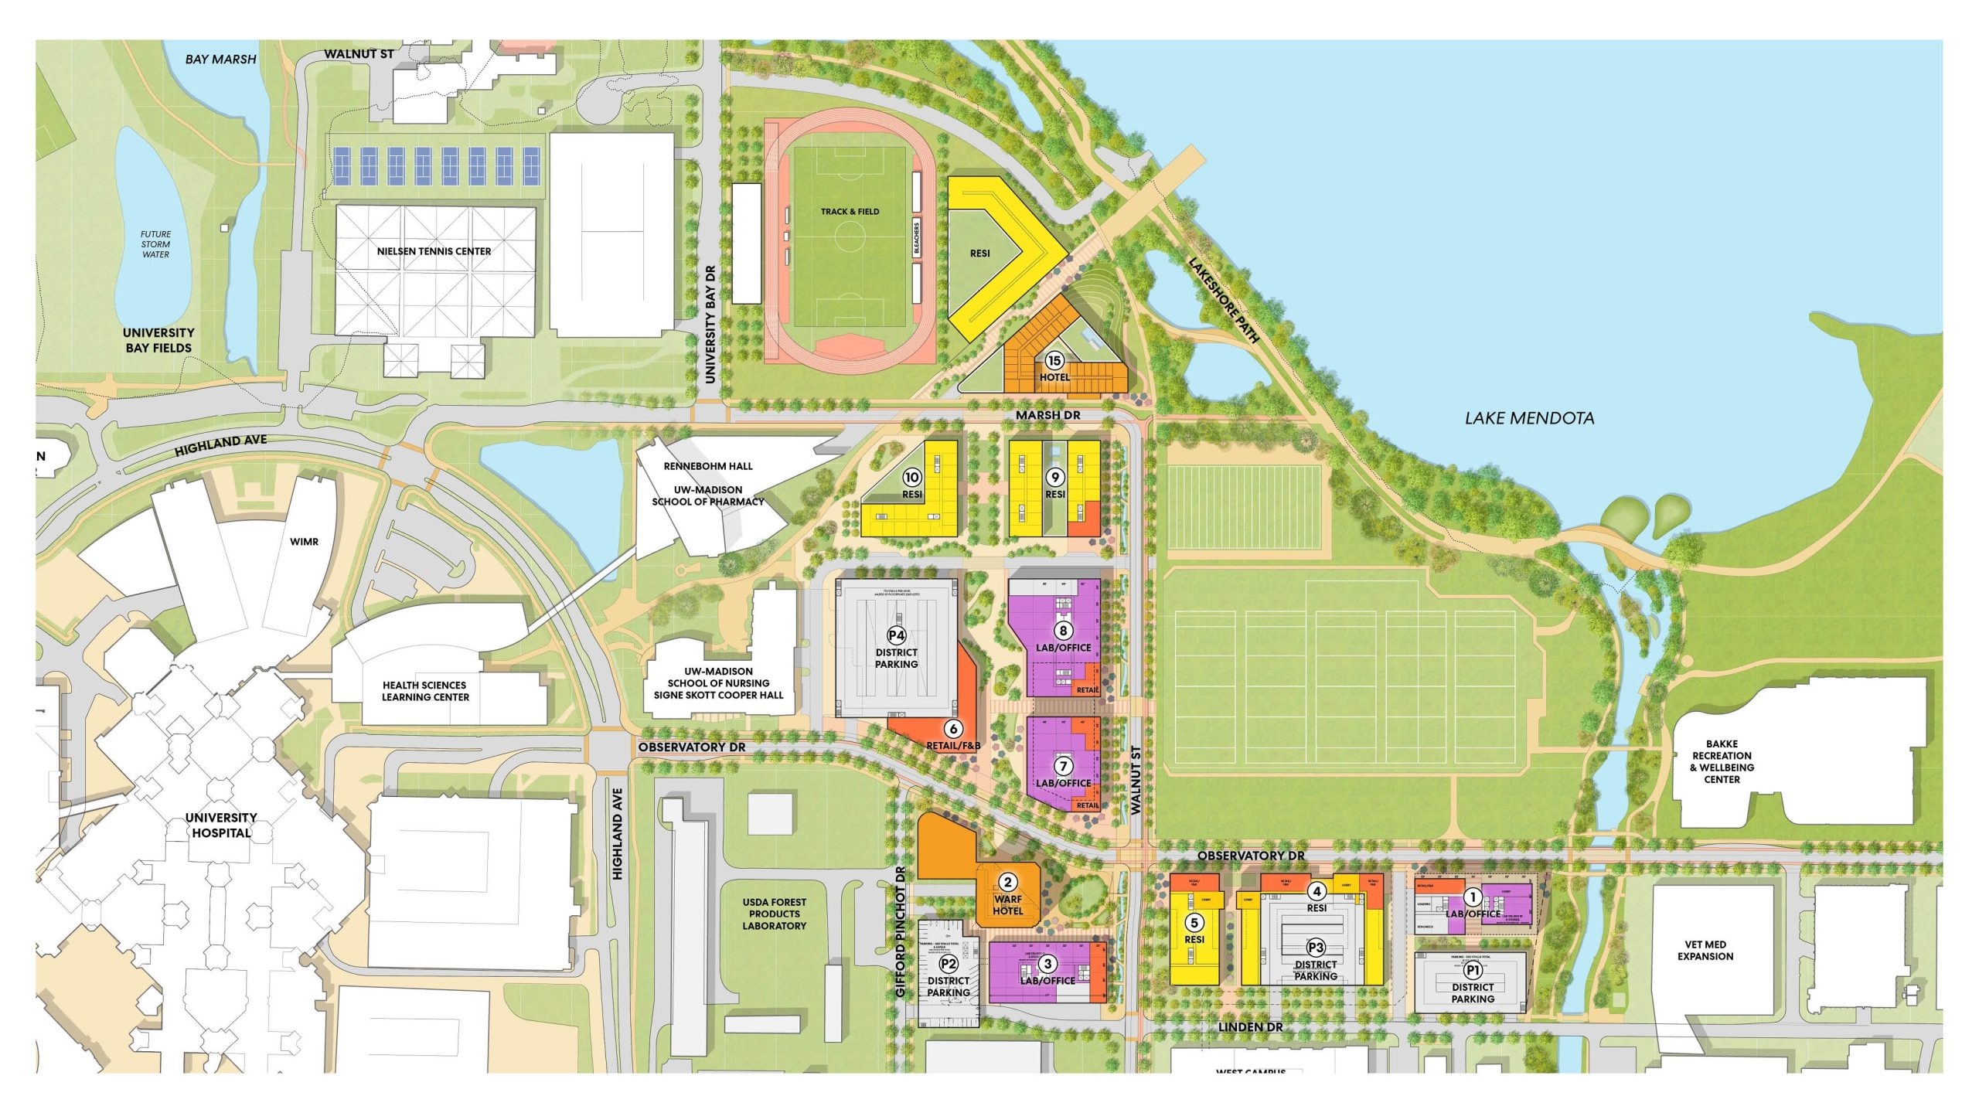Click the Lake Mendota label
[1529, 418]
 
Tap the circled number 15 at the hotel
[1054, 360]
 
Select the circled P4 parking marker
[896, 635]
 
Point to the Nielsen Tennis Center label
[434, 251]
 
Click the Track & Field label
[850, 211]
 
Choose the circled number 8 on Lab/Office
[1063, 631]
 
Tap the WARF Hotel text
[1007, 904]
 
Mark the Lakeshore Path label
[1224, 300]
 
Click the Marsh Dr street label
[1047, 415]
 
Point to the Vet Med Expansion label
[1705, 950]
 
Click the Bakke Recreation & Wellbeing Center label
[1722, 761]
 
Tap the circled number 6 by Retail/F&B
[953, 728]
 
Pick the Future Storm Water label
[155, 244]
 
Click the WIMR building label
[304, 542]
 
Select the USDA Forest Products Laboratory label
[774, 914]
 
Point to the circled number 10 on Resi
[912, 478]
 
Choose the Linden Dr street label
[1250, 1027]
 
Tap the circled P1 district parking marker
[1473, 970]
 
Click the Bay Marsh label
[220, 59]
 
